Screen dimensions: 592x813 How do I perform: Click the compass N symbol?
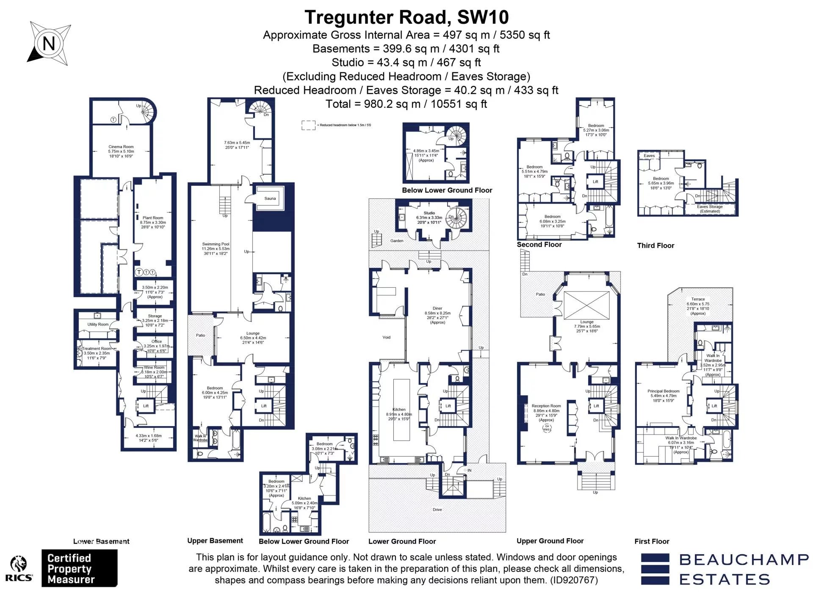(x=49, y=43)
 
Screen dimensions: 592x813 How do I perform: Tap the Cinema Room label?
(x=121, y=147)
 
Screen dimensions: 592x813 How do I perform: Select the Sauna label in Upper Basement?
(x=270, y=198)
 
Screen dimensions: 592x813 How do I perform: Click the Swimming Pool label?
(x=216, y=244)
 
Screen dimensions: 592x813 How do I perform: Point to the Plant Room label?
(x=153, y=218)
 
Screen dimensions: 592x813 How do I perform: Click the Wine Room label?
(x=154, y=367)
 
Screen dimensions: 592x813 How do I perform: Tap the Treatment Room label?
(x=97, y=349)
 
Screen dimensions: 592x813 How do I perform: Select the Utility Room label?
(x=98, y=325)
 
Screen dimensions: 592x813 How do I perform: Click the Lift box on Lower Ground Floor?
(x=448, y=406)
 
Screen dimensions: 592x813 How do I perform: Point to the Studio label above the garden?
(x=429, y=213)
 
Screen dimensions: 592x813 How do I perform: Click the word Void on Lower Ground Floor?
(x=386, y=337)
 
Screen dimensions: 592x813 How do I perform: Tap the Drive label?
(x=437, y=509)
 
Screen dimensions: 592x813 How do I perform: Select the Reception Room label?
(x=546, y=406)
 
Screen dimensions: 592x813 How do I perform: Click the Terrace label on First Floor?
(x=698, y=299)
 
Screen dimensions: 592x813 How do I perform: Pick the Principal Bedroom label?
(x=663, y=391)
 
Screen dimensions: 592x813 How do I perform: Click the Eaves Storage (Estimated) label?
(x=710, y=209)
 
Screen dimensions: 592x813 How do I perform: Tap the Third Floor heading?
(x=655, y=245)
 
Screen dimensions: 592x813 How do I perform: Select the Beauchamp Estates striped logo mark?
(x=655, y=569)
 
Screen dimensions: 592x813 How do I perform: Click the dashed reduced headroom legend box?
(x=308, y=125)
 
